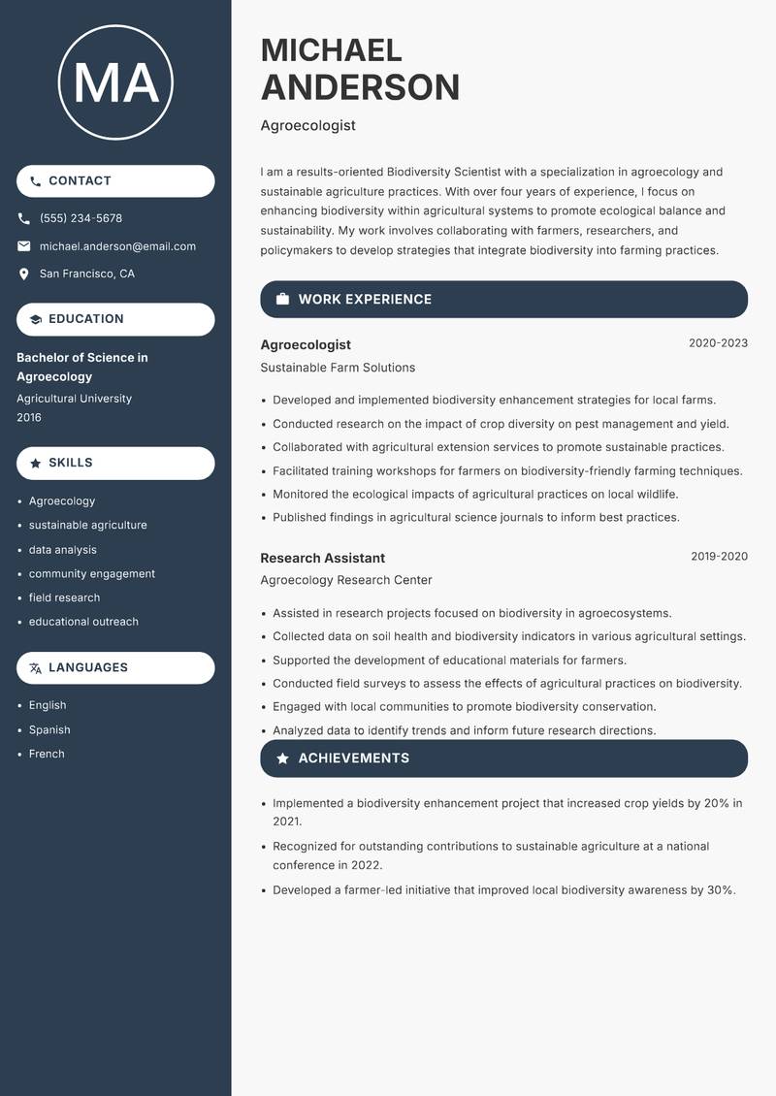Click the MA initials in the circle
pyautogui.click(x=115, y=82)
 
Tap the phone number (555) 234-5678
pyautogui.click(x=81, y=218)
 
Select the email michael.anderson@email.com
pyautogui.click(x=117, y=246)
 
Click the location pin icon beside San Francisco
pyautogui.click(x=24, y=274)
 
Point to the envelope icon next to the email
pyautogui.click(x=24, y=246)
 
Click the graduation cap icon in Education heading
pyautogui.click(x=36, y=319)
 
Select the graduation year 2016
pyautogui.click(x=29, y=417)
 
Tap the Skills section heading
pyautogui.click(x=71, y=463)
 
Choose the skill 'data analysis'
pyautogui.click(x=62, y=550)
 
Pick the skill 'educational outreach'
pyautogui.click(x=83, y=622)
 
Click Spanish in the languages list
pyautogui.click(x=49, y=729)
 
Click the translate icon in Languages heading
pyautogui.click(x=36, y=668)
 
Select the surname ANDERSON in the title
pyautogui.click(x=360, y=87)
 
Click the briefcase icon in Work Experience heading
pyautogui.click(x=282, y=300)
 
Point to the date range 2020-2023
pyautogui.click(x=718, y=343)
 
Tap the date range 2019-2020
pyautogui.click(x=719, y=557)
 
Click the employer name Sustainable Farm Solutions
pyautogui.click(x=338, y=368)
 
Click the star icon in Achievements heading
pyautogui.click(x=282, y=758)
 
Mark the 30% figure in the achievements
pyautogui.click(x=720, y=889)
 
